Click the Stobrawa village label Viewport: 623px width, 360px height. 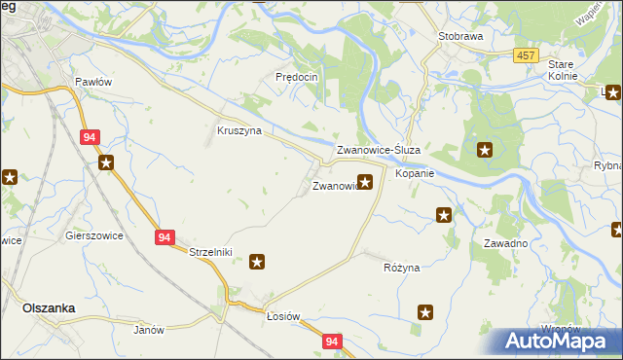[460, 35]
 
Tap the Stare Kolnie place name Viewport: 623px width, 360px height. [563, 69]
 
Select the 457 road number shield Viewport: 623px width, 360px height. [527, 56]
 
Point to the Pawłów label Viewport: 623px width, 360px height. [94, 82]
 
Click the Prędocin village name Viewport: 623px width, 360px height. [297, 76]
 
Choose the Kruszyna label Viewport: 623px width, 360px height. [239, 130]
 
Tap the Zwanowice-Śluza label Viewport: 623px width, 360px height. [378, 151]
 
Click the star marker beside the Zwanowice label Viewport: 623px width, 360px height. [365, 181]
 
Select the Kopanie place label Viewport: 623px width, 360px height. [414, 173]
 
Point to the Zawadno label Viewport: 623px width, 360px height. [505, 243]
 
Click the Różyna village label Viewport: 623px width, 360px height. [401, 267]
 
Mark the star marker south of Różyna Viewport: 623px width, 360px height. [425, 312]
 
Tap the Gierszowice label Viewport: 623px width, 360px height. [92, 235]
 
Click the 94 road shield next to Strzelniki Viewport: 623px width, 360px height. [164, 237]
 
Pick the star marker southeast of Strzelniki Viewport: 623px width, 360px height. [258, 261]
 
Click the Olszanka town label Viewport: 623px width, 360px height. [49, 307]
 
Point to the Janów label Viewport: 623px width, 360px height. [148, 330]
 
